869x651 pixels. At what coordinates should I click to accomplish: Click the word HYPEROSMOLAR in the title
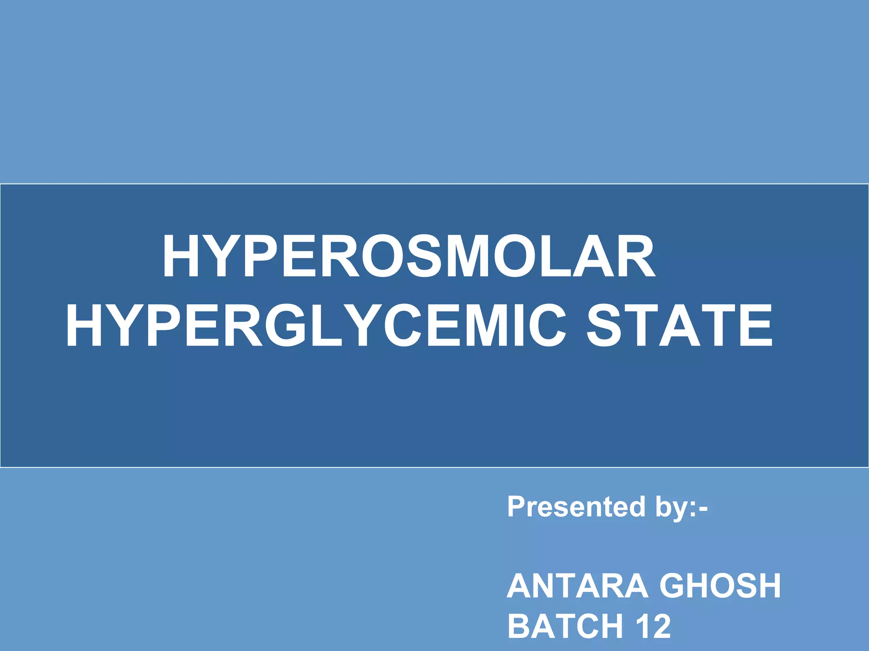point(409,257)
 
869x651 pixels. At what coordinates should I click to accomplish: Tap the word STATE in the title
point(679,325)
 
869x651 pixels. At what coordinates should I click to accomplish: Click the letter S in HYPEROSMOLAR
point(425,257)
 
